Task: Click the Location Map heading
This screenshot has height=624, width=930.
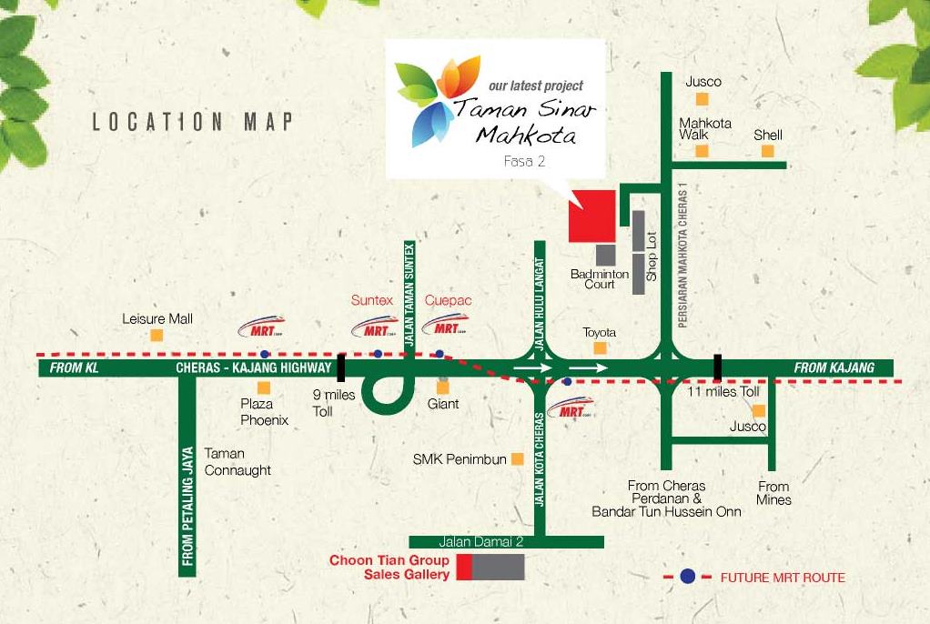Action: (192, 122)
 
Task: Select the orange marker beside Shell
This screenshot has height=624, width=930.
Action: (767, 151)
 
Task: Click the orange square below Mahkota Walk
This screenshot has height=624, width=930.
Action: (702, 151)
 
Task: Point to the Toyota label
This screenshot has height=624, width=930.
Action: (600, 332)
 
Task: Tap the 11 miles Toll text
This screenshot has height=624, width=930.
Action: (724, 390)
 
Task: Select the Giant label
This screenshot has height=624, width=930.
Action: (443, 403)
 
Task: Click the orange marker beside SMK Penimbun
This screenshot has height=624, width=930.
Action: (517, 459)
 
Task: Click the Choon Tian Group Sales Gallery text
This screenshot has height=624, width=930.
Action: (389, 568)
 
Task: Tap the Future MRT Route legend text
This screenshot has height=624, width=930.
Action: (783, 578)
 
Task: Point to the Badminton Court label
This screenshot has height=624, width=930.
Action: (600, 278)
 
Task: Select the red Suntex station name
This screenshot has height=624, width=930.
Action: (372, 300)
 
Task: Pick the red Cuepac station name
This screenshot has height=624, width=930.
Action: (448, 300)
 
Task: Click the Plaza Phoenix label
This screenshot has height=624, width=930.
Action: (264, 412)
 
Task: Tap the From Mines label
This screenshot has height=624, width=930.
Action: (773, 493)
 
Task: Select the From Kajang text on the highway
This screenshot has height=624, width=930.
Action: (834, 367)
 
